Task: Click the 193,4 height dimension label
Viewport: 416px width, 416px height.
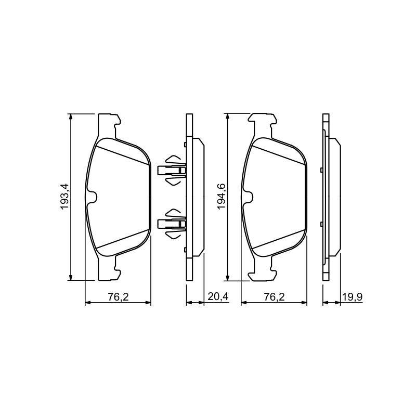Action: [x=65, y=197]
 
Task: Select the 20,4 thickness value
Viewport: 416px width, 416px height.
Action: [x=218, y=296]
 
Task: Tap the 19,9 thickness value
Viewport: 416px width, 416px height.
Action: [x=352, y=296]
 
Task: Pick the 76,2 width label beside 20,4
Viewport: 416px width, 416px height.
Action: [x=118, y=296]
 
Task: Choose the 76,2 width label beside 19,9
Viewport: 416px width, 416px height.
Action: [x=275, y=296]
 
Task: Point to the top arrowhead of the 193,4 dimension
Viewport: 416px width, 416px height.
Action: [x=70, y=116]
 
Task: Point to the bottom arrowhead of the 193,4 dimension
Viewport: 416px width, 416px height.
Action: [x=70, y=277]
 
